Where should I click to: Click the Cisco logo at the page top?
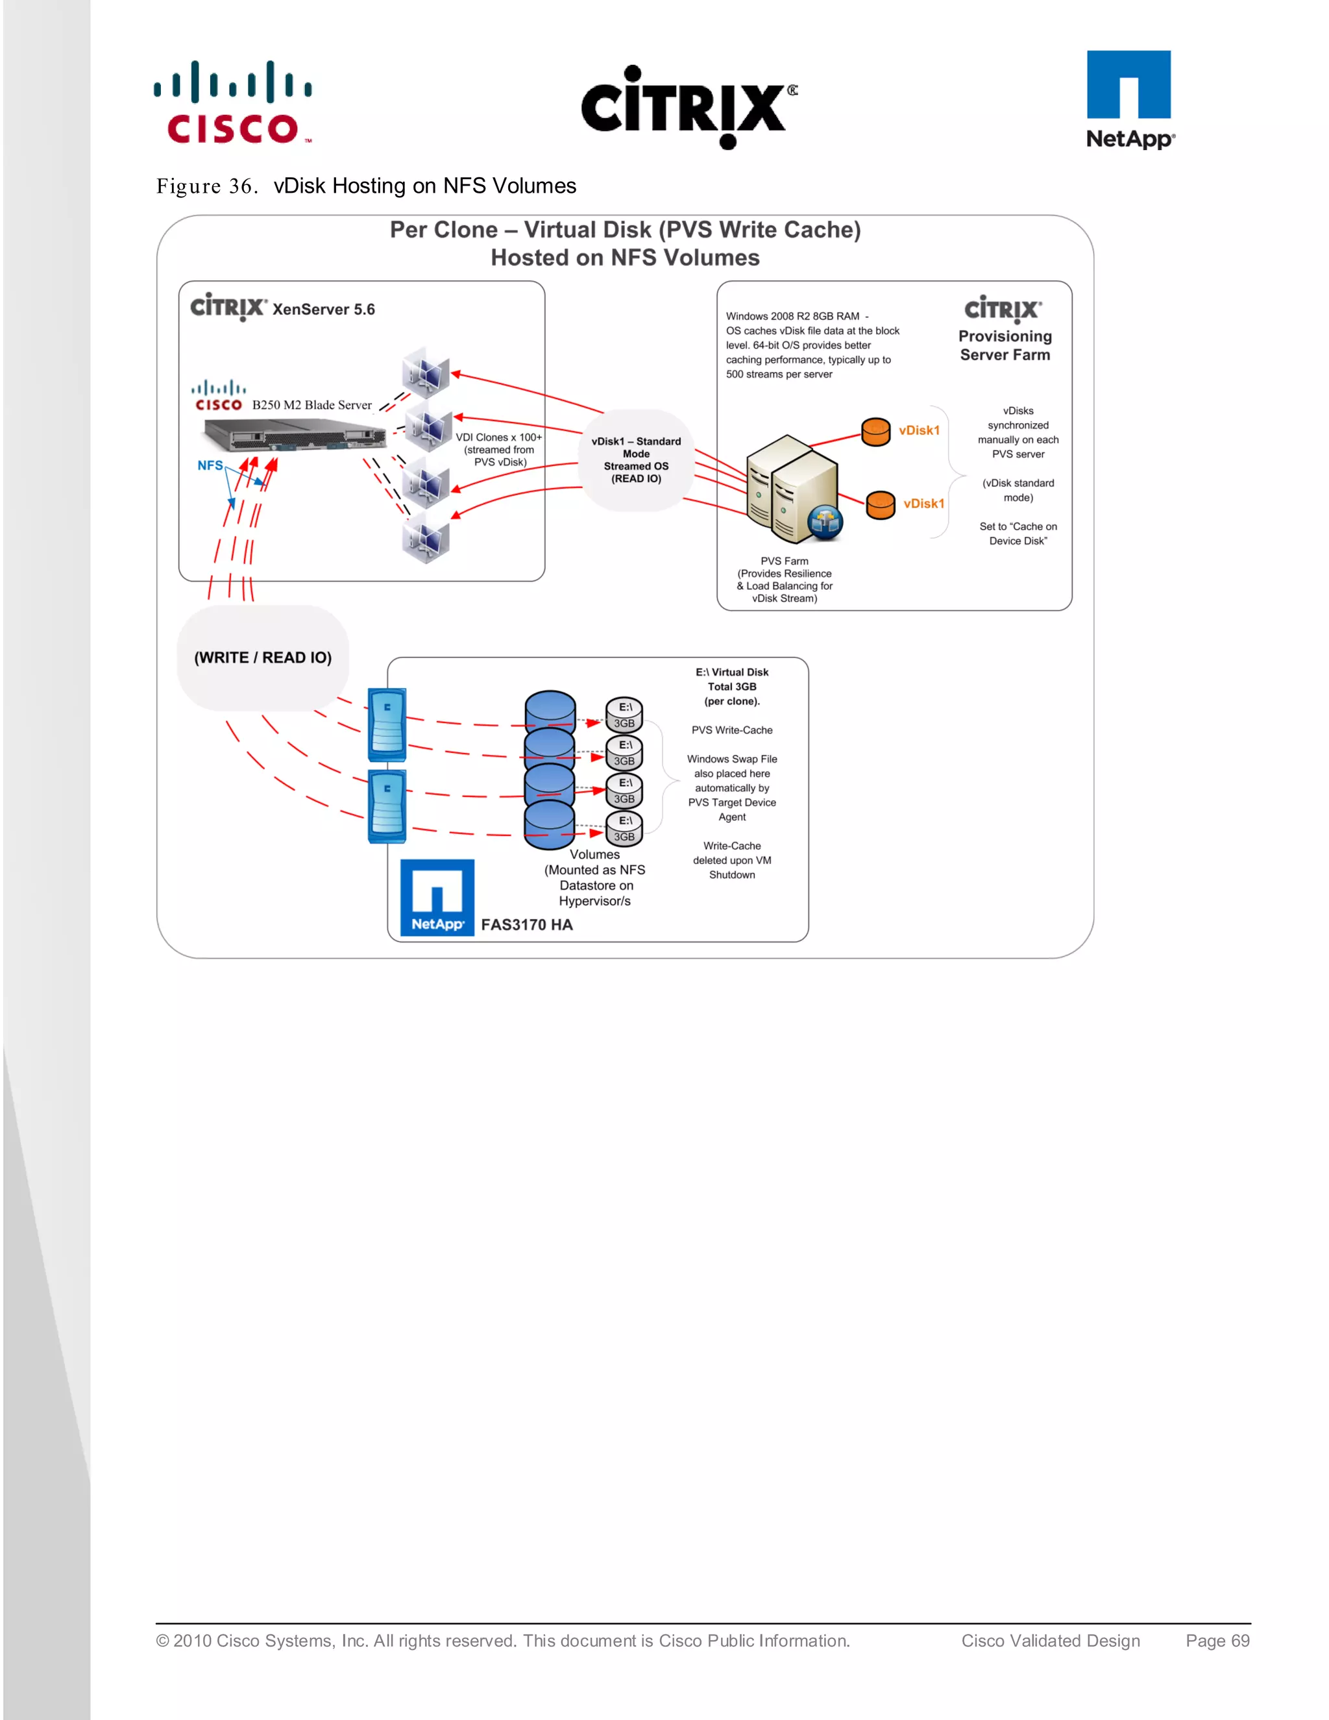click(x=233, y=103)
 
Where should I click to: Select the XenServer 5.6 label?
click(x=324, y=310)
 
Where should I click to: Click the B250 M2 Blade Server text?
click(x=311, y=405)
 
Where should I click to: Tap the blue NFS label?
click(x=210, y=465)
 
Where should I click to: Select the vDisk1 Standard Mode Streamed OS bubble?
click(x=636, y=460)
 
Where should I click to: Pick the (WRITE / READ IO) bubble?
click(x=263, y=657)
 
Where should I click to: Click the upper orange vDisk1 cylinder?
click(x=875, y=432)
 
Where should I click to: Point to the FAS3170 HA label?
click(x=527, y=924)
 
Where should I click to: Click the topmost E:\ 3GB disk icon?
click(x=624, y=715)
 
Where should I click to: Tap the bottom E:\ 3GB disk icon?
click(x=624, y=828)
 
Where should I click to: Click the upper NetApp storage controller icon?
click(x=387, y=724)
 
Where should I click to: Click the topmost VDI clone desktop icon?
click(x=425, y=371)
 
